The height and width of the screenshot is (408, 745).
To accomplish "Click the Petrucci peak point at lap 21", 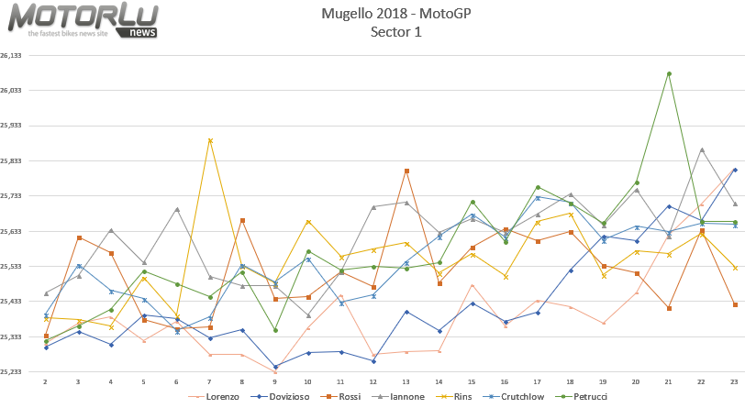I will [x=669, y=73].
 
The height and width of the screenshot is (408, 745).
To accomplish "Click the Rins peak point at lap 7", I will [x=210, y=140].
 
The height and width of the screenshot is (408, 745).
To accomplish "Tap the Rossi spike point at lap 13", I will [x=406, y=171].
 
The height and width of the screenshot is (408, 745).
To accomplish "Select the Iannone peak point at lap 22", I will [x=702, y=149].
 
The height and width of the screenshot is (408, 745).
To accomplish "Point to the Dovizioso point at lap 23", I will [x=735, y=170].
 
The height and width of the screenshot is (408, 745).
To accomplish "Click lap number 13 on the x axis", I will [x=406, y=380].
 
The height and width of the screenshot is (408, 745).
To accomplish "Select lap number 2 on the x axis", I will [x=45, y=380].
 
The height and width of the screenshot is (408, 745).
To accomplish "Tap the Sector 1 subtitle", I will [x=396, y=32].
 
